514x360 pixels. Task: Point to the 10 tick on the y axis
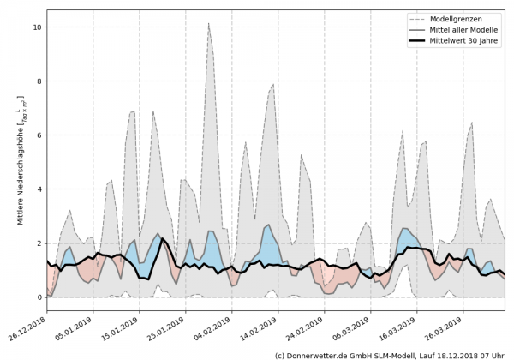[37, 27]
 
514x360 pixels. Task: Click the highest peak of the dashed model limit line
[209, 24]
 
